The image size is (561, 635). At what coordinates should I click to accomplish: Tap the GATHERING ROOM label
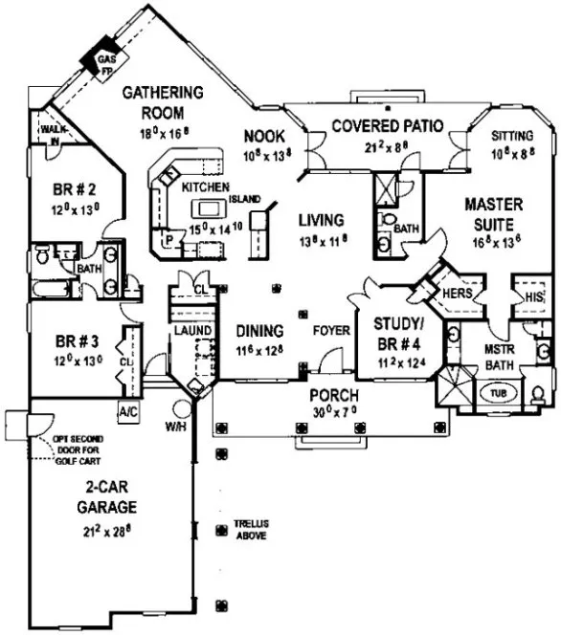(x=168, y=100)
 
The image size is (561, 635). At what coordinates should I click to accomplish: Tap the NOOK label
(x=261, y=136)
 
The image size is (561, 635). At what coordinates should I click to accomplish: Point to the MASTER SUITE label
(x=494, y=212)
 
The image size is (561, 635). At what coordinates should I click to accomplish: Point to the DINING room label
(x=260, y=331)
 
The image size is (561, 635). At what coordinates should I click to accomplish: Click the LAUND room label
(x=191, y=330)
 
